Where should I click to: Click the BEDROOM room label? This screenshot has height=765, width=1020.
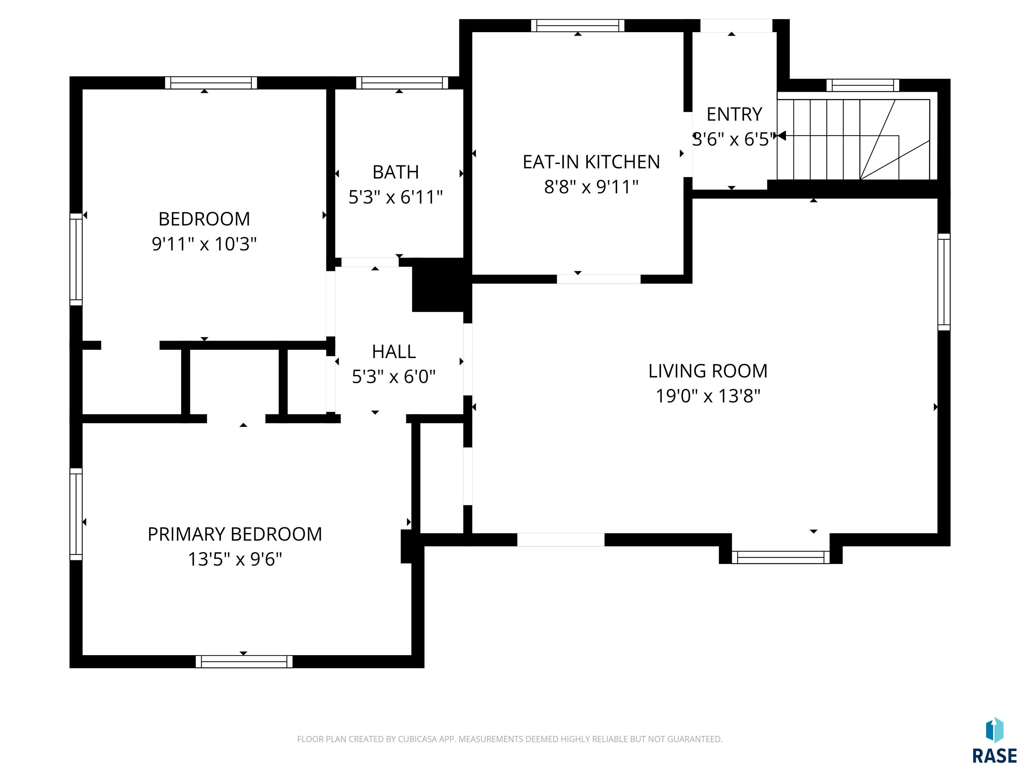pos(204,219)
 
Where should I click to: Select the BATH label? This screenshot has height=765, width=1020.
pos(396,172)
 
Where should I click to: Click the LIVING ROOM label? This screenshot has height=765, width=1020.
pos(708,371)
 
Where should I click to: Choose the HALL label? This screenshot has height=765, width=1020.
pos(394,352)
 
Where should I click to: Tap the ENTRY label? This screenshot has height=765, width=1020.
pos(734,114)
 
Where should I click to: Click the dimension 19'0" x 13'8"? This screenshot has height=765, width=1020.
pos(708,396)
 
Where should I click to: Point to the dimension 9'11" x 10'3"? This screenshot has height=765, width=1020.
pos(204,244)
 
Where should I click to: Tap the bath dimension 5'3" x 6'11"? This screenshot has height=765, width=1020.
pos(396,197)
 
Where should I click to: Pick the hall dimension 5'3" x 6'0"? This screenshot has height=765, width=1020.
pos(394,377)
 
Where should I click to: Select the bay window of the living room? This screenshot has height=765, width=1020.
pos(781,557)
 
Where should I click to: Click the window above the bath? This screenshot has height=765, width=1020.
pos(402,83)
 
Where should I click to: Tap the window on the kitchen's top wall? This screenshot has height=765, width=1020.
pos(578,25)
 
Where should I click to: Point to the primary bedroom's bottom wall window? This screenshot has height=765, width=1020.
pos(244,662)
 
